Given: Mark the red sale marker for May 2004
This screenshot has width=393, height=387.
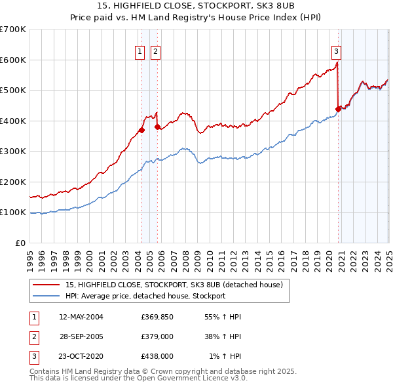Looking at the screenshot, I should [x=141, y=130].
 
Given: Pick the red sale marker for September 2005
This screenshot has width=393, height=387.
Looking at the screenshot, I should [x=158, y=127].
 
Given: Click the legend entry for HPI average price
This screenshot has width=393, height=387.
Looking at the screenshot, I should [x=145, y=296].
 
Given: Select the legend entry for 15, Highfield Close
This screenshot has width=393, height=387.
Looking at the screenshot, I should [x=174, y=285].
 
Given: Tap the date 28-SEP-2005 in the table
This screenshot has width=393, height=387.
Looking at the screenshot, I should [x=81, y=336].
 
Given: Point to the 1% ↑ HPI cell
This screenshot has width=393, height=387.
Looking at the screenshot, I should [x=225, y=356].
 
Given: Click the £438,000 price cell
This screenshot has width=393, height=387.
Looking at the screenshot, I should [x=157, y=356].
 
